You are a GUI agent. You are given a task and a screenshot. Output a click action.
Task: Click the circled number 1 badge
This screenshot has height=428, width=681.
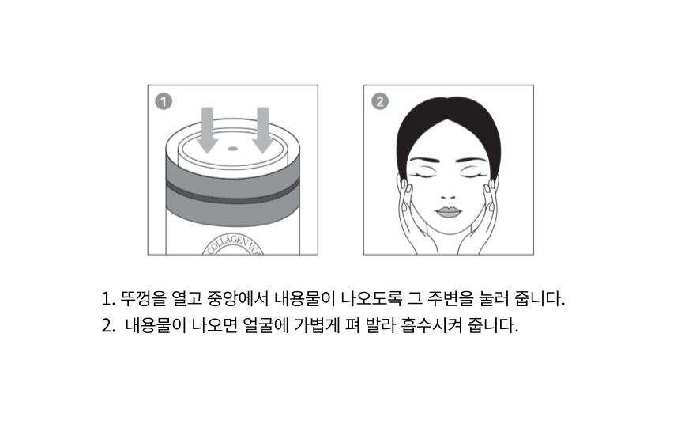tap(164, 101)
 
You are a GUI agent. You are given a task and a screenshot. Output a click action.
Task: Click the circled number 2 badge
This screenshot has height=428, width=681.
tap(379, 101)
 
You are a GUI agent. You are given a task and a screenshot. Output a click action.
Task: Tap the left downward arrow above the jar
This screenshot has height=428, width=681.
tap(208, 130)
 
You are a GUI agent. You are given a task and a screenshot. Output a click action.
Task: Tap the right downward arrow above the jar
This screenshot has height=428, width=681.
tap(263, 130)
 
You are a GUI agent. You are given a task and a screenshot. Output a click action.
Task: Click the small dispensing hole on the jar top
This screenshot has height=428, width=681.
tap(233, 149)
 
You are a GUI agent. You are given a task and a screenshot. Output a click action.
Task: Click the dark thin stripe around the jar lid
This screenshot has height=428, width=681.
tap(233, 195)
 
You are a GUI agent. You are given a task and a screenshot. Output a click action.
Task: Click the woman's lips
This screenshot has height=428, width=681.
tap(448, 212)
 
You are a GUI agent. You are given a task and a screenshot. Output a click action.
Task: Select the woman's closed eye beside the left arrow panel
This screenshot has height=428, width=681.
tap(425, 173)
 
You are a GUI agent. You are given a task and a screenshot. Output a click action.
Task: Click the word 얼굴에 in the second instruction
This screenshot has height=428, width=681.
tap(265, 325)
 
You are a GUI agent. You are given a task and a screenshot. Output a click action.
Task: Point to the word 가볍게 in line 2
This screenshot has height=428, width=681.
tap(317, 325)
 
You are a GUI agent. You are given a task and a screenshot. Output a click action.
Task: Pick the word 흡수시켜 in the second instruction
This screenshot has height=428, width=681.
tap(431, 325)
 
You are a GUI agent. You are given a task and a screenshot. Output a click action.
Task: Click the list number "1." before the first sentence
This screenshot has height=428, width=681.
tap(108, 299)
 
